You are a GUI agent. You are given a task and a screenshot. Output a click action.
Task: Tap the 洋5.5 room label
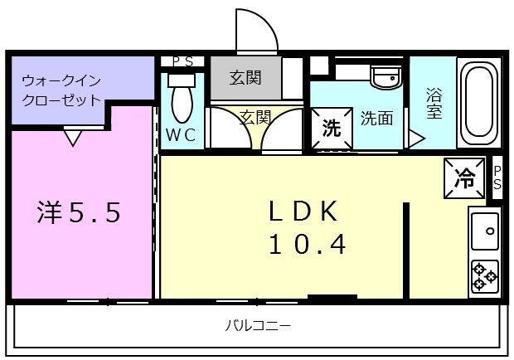click(x=80, y=213)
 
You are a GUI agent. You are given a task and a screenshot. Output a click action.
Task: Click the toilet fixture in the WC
click(x=182, y=100)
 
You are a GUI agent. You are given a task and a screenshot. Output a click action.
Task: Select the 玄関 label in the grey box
click(x=245, y=79)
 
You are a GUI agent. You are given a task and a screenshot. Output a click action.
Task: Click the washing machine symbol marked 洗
click(x=332, y=129)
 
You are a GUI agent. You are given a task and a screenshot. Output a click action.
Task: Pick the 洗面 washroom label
click(x=376, y=119)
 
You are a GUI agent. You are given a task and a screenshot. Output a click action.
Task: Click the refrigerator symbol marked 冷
click(x=465, y=177)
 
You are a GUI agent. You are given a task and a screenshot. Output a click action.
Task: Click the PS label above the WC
click(x=182, y=61)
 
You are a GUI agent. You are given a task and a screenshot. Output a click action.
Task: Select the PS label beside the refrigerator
click(x=497, y=177)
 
